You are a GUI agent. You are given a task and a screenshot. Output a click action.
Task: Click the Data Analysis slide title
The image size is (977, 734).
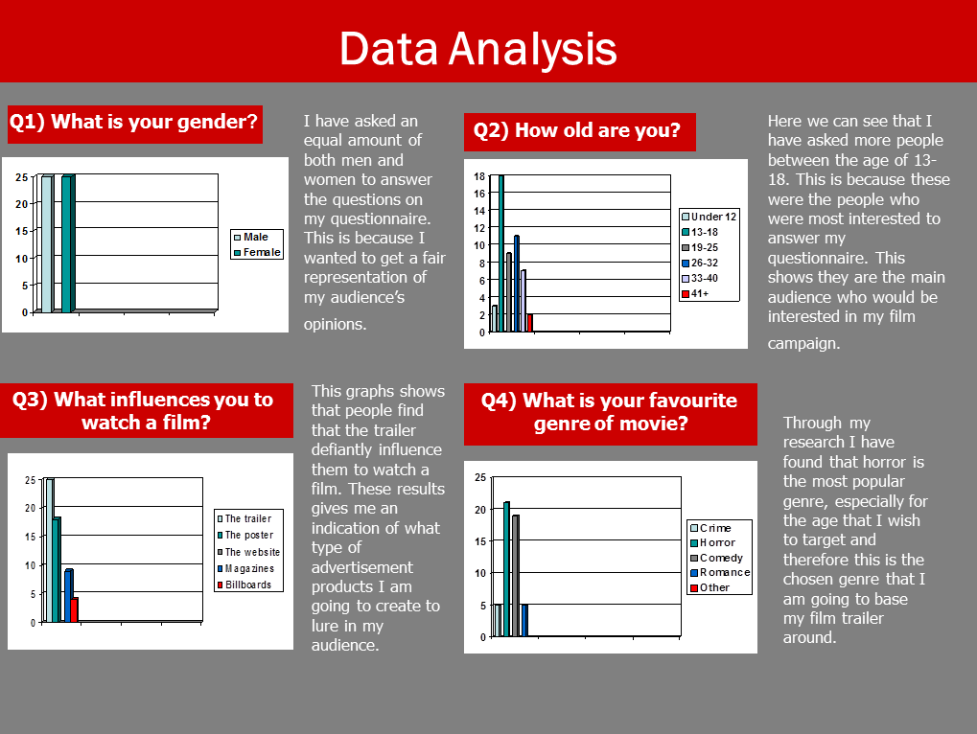[477, 47]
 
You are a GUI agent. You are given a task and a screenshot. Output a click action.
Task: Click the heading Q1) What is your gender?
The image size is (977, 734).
[133, 123]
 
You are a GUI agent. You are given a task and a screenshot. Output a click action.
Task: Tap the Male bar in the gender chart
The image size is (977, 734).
[45, 244]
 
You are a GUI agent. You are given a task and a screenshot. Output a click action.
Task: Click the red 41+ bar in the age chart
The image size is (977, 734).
[529, 323]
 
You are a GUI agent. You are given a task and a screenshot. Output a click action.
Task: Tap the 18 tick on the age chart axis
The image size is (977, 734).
[480, 176]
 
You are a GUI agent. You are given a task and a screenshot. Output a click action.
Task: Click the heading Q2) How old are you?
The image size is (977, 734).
[578, 131]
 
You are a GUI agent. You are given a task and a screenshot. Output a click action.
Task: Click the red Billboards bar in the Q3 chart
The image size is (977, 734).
[74, 609]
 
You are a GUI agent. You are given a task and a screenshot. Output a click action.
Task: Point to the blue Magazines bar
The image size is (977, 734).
[68, 595]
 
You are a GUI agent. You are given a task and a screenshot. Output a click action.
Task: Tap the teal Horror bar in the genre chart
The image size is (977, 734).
[506, 569]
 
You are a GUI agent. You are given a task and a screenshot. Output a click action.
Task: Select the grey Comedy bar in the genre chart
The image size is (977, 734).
[515, 576]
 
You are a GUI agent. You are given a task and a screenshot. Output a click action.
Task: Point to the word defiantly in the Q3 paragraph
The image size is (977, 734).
[349, 449]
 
